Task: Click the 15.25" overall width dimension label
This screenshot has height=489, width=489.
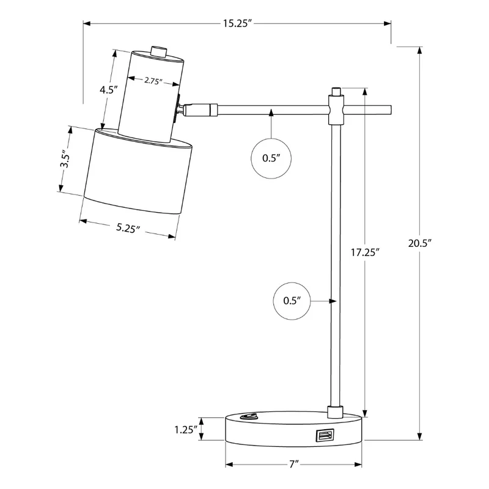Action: click(x=237, y=24)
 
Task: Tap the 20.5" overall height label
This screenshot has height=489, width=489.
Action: click(x=419, y=243)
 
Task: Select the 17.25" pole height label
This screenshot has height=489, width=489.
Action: click(x=365, y=252)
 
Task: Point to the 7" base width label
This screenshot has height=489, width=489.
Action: click(x=294, y=465)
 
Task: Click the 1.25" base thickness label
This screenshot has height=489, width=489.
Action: click(x=186, y=430)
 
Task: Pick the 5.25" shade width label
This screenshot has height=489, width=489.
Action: click(x=128, y=228)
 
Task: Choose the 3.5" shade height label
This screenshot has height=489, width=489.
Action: click(x=65, y=159)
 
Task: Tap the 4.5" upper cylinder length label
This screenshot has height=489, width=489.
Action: click(x=108, y=90)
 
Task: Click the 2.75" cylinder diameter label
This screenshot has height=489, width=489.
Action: click(x=153, y=81)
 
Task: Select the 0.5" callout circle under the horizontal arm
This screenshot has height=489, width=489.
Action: click(x=271, y=158)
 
